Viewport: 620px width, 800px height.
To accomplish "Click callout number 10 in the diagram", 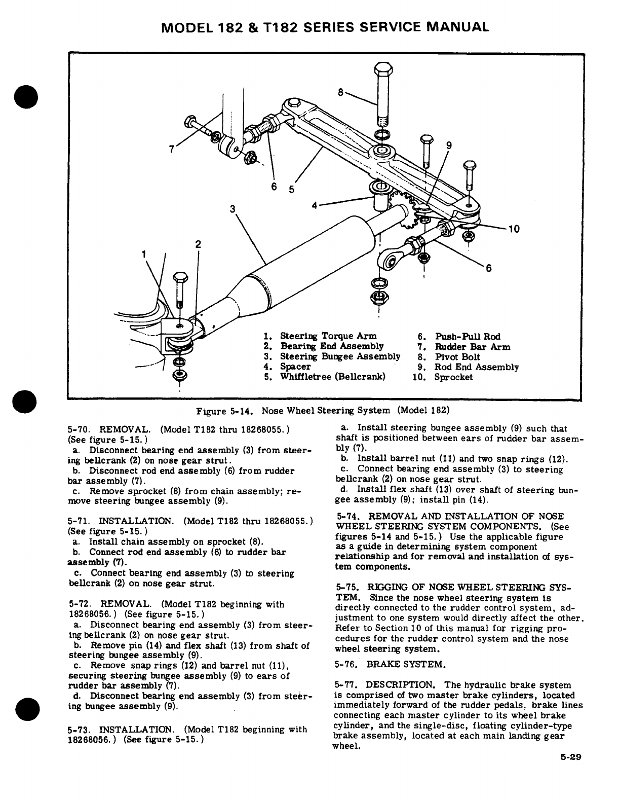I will (514, 229).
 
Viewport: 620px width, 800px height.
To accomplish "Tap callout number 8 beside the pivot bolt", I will (341, 92).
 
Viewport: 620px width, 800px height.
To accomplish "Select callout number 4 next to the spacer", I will (315, 205).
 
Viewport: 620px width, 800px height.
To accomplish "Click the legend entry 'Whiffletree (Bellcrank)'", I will (332, 377).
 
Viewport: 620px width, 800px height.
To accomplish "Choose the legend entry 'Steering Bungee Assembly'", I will (340, 356).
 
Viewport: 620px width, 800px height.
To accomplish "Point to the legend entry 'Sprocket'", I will (453, 377).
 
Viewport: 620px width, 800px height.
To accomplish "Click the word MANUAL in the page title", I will (458, 27).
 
